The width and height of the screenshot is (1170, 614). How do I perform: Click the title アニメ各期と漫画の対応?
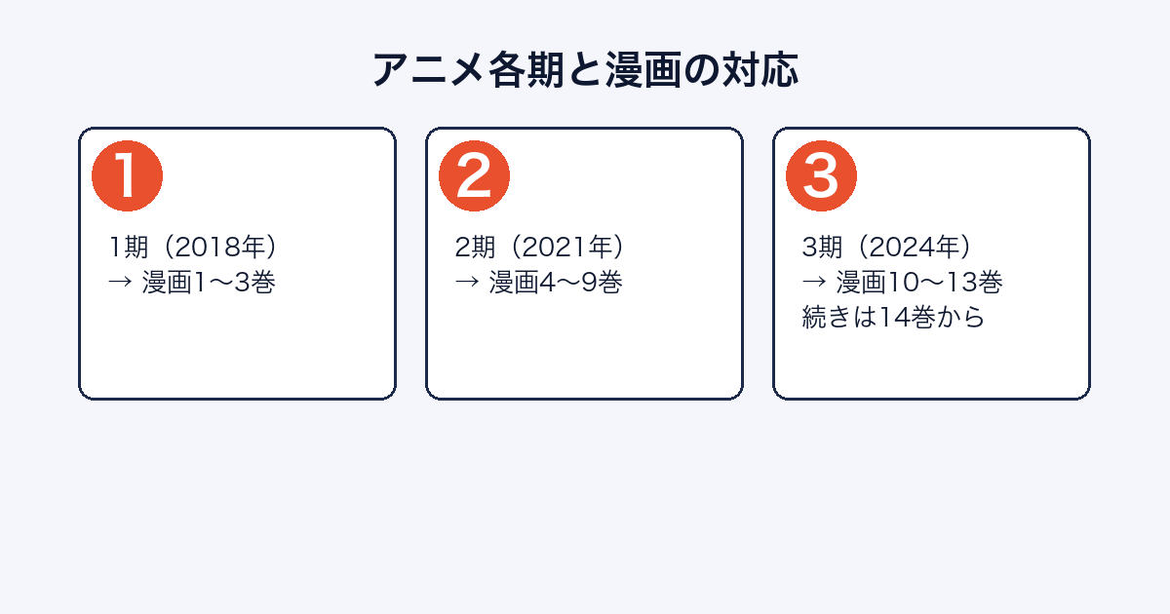pos(585,69)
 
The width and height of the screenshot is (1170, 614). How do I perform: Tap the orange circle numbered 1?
pos(127,176)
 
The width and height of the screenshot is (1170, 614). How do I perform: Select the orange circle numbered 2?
pos(474,176)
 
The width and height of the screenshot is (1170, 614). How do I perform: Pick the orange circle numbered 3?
pos(821,176)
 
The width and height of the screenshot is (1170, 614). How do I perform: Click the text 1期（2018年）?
pos(193,247)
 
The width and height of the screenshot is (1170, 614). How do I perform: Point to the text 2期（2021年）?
pos(540,247)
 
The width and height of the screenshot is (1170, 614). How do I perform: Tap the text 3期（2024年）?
pos(887,247)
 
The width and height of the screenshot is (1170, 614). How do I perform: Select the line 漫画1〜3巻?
pos(209,283)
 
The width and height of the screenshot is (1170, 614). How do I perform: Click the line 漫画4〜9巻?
pos(555,283)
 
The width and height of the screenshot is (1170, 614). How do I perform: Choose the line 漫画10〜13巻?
pos(919,283)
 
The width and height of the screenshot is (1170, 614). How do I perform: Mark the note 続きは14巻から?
pos(893,318)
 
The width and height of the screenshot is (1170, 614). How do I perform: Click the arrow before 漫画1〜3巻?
pos(120,282)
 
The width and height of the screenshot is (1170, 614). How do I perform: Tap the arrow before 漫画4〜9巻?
pos(467,282)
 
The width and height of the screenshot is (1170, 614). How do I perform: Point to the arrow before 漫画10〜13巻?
pos(814,282)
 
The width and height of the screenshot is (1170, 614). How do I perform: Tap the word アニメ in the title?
pos(428,70)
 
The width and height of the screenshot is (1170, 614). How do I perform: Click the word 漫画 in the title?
pos(643,70)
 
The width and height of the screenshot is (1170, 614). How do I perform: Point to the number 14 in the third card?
pos(894,318)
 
